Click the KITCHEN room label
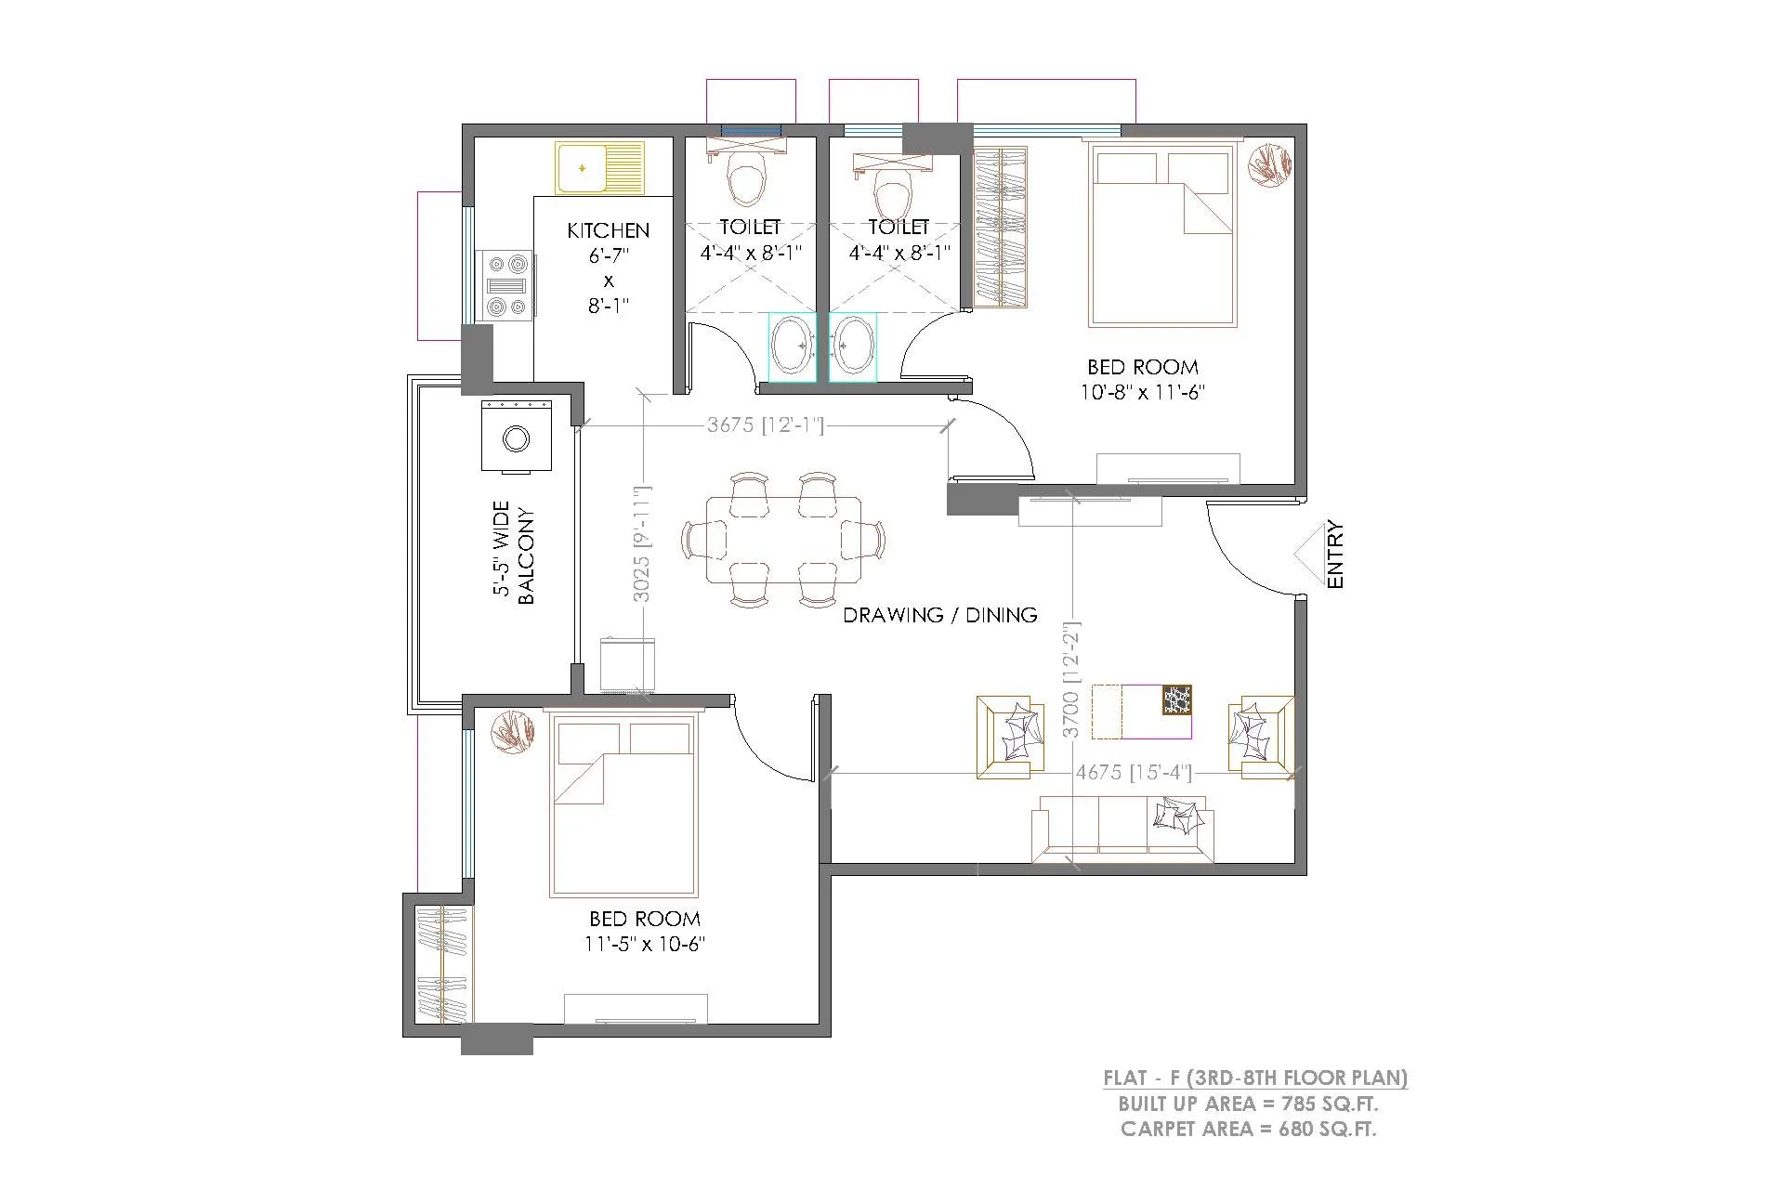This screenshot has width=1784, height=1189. coord(609,229)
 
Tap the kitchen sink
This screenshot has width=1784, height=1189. coord(600,168)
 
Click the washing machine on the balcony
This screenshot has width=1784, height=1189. coord(516,437)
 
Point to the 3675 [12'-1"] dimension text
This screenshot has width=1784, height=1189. coord(765,425)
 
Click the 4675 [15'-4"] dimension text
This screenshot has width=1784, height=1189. coord(1133,773)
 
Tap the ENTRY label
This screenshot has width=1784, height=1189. coord(1335,555)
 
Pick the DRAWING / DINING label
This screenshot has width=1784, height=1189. coord(939,615)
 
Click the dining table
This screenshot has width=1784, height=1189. coord(783,540)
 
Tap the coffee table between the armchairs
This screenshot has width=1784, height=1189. coord(1141,712)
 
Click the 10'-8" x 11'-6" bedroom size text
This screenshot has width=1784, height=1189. coord(1142,392)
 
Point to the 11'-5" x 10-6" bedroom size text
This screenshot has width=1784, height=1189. coord(644,945)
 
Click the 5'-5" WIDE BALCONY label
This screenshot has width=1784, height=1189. coord(513,555)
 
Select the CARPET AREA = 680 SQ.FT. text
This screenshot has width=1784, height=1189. coord(1248,1130)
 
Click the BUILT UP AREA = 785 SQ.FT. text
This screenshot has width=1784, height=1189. coord(1248,1104)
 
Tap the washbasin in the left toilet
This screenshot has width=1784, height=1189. coord(792,346)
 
